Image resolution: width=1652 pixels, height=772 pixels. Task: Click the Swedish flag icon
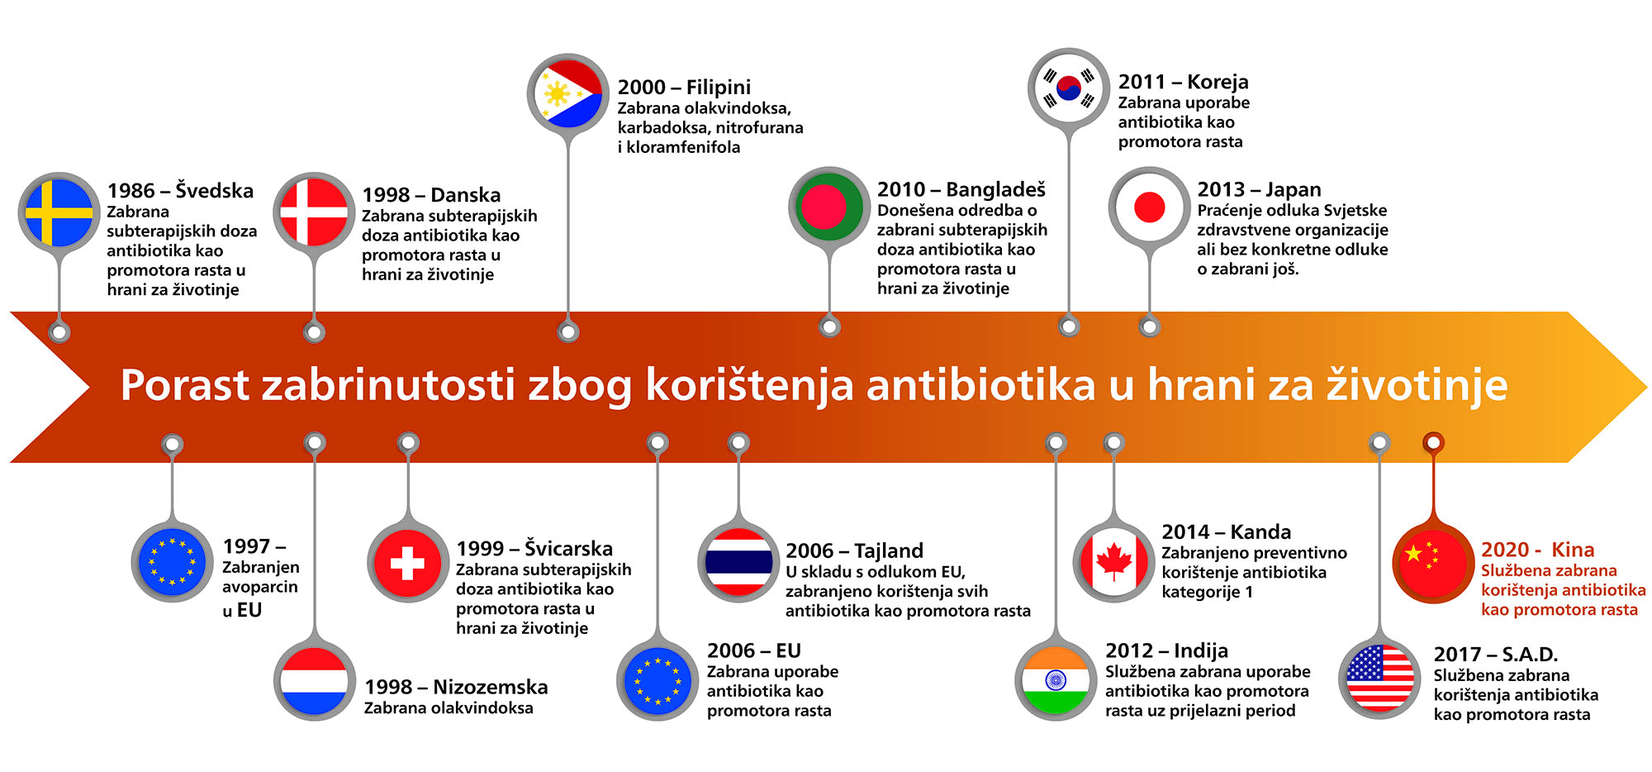[x=59, y=212]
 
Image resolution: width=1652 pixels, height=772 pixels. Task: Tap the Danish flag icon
[x=314, y=212]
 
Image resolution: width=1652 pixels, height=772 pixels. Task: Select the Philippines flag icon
[x=567, y=94]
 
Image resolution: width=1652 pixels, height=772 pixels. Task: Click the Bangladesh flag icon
[x=828, y=207]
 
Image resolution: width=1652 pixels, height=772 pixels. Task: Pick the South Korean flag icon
[x=1069, y=88]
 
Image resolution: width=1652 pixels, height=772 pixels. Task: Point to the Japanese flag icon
[x=1149, y=207]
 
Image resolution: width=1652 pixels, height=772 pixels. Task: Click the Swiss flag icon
[x=407, y=563]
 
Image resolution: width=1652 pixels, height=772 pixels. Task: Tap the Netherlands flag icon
[x=314, y=680]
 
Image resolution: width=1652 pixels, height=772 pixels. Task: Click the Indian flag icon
[x=1056, y=680]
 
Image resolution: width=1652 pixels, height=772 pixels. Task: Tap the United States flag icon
[x=1379, y=679]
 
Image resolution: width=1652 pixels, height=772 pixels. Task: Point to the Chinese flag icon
[x=1433, y=563]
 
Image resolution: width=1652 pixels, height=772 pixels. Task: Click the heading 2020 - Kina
[x=1537, y=550]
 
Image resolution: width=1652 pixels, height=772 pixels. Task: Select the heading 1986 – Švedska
[x=180, y=190]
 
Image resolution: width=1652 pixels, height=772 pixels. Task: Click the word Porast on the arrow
[x=185, y=385]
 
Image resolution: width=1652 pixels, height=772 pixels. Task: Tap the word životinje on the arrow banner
[x=1417, y=386]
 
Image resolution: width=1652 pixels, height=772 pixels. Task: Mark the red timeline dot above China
[x=1433, y=443]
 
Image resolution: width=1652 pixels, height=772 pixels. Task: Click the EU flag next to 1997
[x=173, y=563]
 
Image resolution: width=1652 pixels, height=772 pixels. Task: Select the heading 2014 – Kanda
[x=1226, y=531]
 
